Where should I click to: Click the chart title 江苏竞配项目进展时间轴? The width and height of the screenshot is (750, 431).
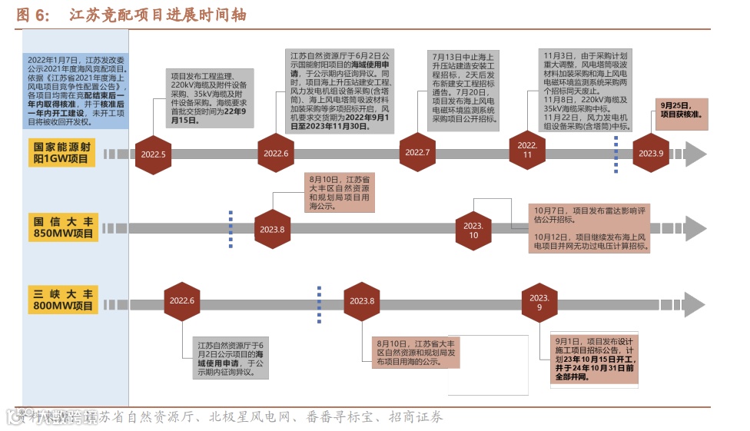[x=158, y=15]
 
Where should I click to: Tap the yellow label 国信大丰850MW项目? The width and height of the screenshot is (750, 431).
[x=63, y=228]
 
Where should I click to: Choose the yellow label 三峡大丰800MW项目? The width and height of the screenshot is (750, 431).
[x=63, y=300]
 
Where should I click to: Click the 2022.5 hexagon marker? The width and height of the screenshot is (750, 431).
[x=153, y=154]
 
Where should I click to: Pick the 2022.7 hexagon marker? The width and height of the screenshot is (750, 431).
[x=417, y=152]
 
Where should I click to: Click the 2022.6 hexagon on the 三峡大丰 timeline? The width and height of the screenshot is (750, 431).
[x=182, y=301]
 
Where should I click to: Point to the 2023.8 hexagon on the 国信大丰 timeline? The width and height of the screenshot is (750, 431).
[x=272, y=229]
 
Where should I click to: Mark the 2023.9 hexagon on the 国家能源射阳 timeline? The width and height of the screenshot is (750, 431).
[x=652, y=153]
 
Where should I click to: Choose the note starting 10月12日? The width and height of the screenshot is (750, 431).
[x=589, y=241]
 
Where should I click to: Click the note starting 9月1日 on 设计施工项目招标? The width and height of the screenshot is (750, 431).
[x=596, y=358]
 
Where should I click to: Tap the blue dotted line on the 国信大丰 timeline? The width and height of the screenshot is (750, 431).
[x=231, y=228]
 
